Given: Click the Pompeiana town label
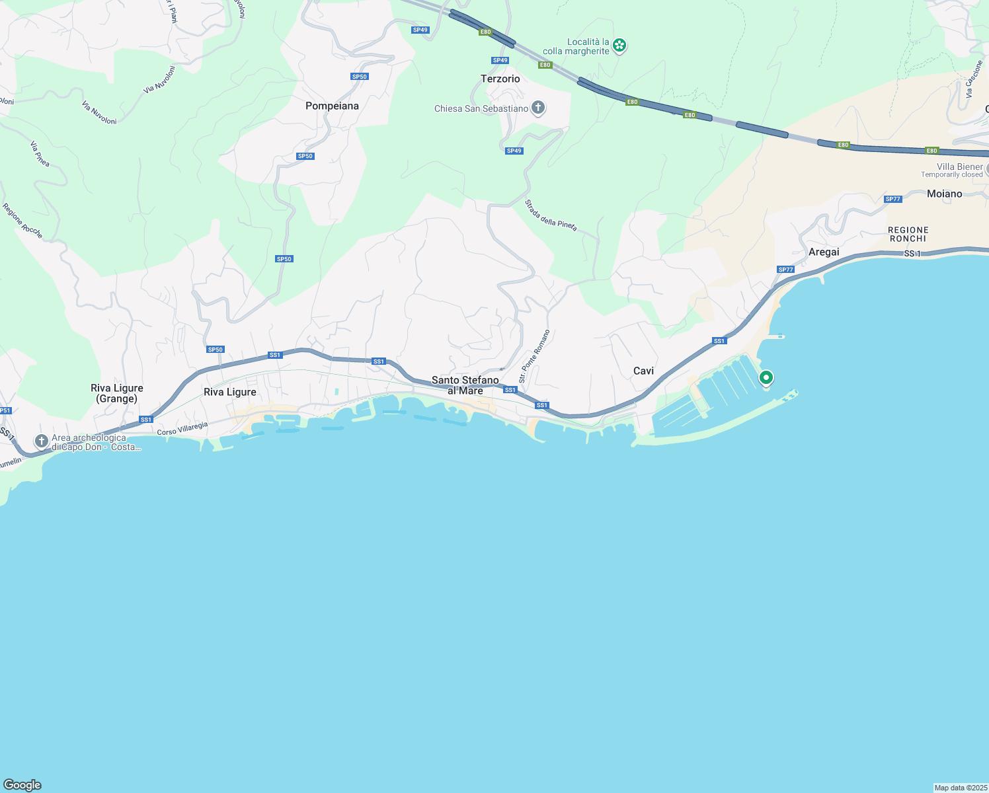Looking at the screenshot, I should tap(332, 106).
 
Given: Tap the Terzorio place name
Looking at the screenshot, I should tap(500, 79).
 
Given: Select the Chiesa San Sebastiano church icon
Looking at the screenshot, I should tap(538, 108).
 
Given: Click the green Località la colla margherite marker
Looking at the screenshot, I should tap(619, 45).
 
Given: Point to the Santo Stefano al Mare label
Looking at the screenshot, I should tap(465, 385).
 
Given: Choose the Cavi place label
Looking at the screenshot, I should tap(643, 371).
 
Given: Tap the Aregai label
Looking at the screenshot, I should tap(824, 252).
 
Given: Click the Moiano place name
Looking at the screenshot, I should tap(944, 194).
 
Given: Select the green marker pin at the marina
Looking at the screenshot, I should tap(766, 378).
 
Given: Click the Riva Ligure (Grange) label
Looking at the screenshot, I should tap(117, 393).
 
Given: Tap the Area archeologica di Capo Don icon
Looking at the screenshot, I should tap(42, 441).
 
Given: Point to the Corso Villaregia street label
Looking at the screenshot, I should tap(182, 428).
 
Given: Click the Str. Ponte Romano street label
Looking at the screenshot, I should tap(534, 357).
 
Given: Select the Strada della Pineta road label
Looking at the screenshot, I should tap(551, 215).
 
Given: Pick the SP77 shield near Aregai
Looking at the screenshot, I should tap(785, 270).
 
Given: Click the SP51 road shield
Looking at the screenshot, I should tap(5, 410).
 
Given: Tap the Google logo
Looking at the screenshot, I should tap(22, 785).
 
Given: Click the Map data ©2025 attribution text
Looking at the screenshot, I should tap(960, 788).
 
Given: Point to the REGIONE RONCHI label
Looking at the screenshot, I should tap(908, 234).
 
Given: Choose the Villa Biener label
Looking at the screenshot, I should tap(960, 167).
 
